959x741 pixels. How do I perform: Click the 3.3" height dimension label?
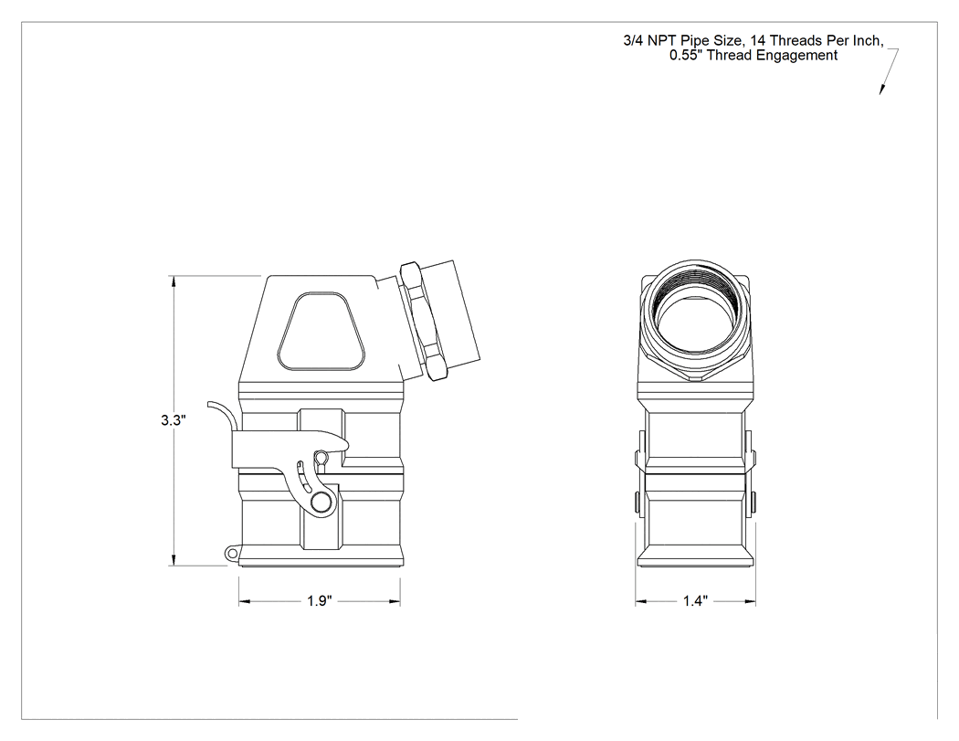pos(174,420)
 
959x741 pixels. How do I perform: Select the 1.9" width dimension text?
pos(320,601)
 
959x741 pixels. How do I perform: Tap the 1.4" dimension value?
pos(695,601)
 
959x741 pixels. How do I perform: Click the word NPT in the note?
pos(662,40)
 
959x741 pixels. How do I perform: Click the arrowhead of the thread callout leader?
pos(882,89)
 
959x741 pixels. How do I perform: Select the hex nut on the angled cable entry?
pos(423,321)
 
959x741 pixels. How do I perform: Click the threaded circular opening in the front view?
pos(695,315)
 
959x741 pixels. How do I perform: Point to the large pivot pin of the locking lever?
pos(321,503)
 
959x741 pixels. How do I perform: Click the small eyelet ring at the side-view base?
pos(231,553)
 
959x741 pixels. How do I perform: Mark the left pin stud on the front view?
pos(637,503)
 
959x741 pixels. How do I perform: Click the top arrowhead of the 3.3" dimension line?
pos(174,281)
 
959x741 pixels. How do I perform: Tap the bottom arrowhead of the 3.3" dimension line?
pos(174,560)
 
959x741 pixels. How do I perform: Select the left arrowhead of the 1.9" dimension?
pos(245,601)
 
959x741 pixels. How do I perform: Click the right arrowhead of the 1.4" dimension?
pos(749,601)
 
